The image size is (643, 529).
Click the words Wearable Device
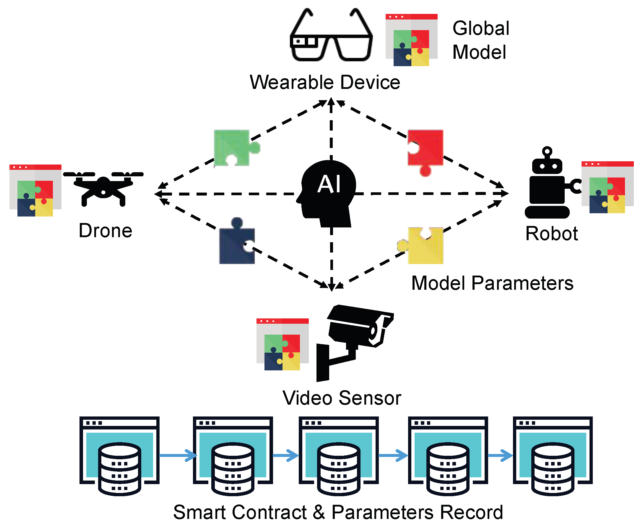click(x=325, y=82)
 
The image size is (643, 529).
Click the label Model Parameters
click(x=492, y=283)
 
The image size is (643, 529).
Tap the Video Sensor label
click(x=342, y=398)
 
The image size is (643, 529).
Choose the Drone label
click(x=105, y=231)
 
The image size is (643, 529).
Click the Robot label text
click(x=551, y=234)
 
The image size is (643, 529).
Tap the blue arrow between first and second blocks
click(x=178, y=455)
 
